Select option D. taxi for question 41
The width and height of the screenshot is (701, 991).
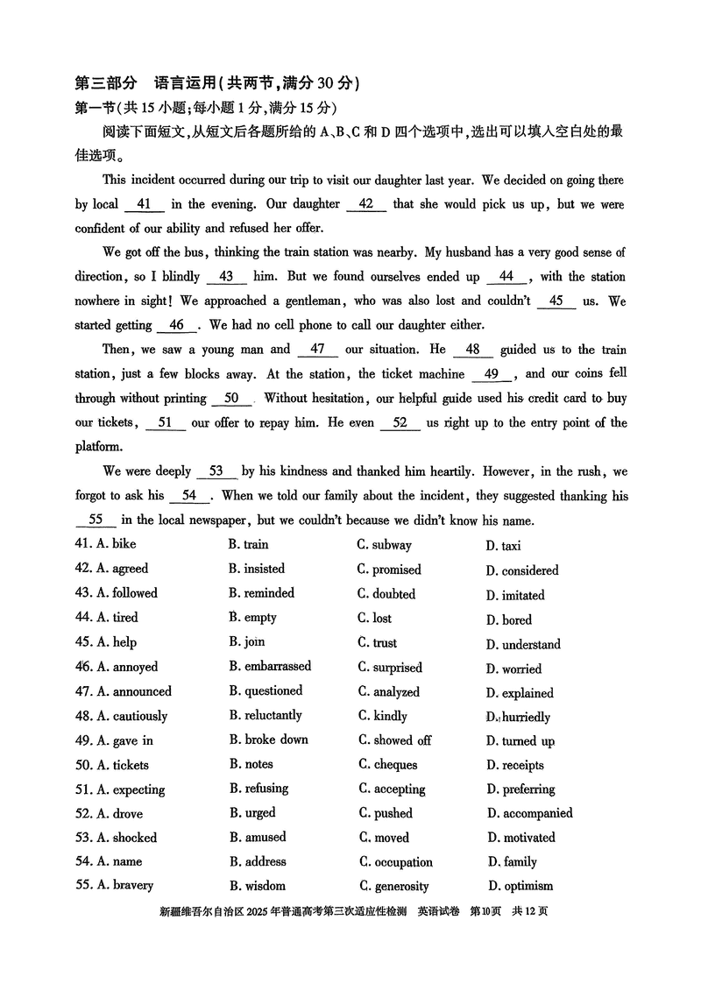(503, 546)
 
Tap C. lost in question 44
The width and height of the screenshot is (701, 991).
(374, 618)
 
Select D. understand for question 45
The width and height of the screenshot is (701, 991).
(523, 645)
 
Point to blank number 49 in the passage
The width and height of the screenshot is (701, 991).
(492, 374)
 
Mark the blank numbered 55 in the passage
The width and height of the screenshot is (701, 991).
(96, 520)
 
